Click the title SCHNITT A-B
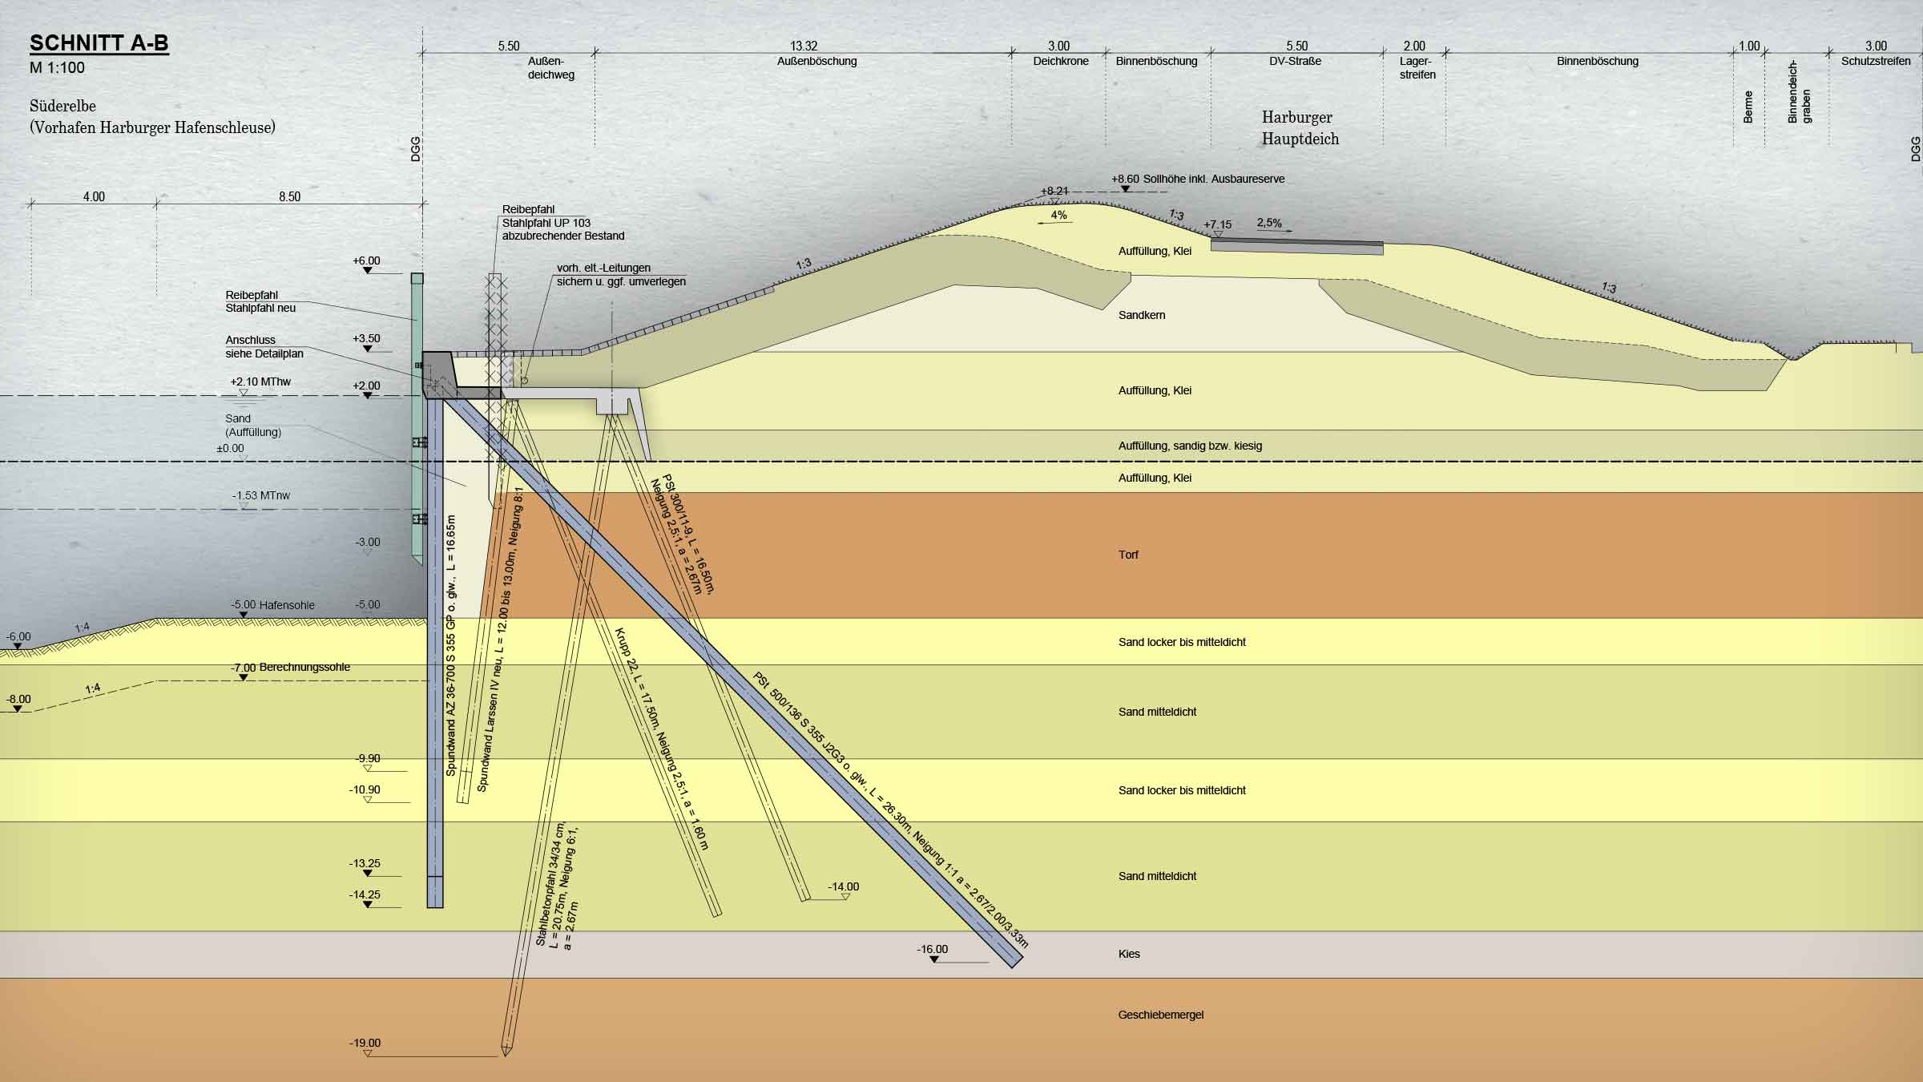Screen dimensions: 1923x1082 [99, 43]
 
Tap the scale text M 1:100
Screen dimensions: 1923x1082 [57, 67]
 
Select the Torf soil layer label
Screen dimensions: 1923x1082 [1128, 555]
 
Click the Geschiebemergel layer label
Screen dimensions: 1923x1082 [1161, 1015]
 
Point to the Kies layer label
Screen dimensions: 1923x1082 [1129, 954]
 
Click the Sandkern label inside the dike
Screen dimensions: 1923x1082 [1142, 315]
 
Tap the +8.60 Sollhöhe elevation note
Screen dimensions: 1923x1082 [1198, 179]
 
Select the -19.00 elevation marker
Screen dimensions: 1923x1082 [365, 1043]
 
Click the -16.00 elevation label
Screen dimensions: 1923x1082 [933, 949]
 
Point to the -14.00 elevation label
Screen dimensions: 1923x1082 [844, 886]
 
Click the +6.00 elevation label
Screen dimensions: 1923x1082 [366, 260]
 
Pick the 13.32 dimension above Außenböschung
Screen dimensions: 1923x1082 [804, 46]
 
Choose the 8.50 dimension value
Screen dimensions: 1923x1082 [290, 196]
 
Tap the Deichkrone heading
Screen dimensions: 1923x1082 [1061, 61]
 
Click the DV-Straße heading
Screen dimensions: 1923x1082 [1296, 61]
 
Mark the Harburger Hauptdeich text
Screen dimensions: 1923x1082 [1299, 128]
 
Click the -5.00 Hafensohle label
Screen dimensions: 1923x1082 [272, 605]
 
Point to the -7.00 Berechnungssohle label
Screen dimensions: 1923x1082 [290, 667]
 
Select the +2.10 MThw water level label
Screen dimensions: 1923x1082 [260, 382]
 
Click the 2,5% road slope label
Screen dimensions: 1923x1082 [1269, 223]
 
